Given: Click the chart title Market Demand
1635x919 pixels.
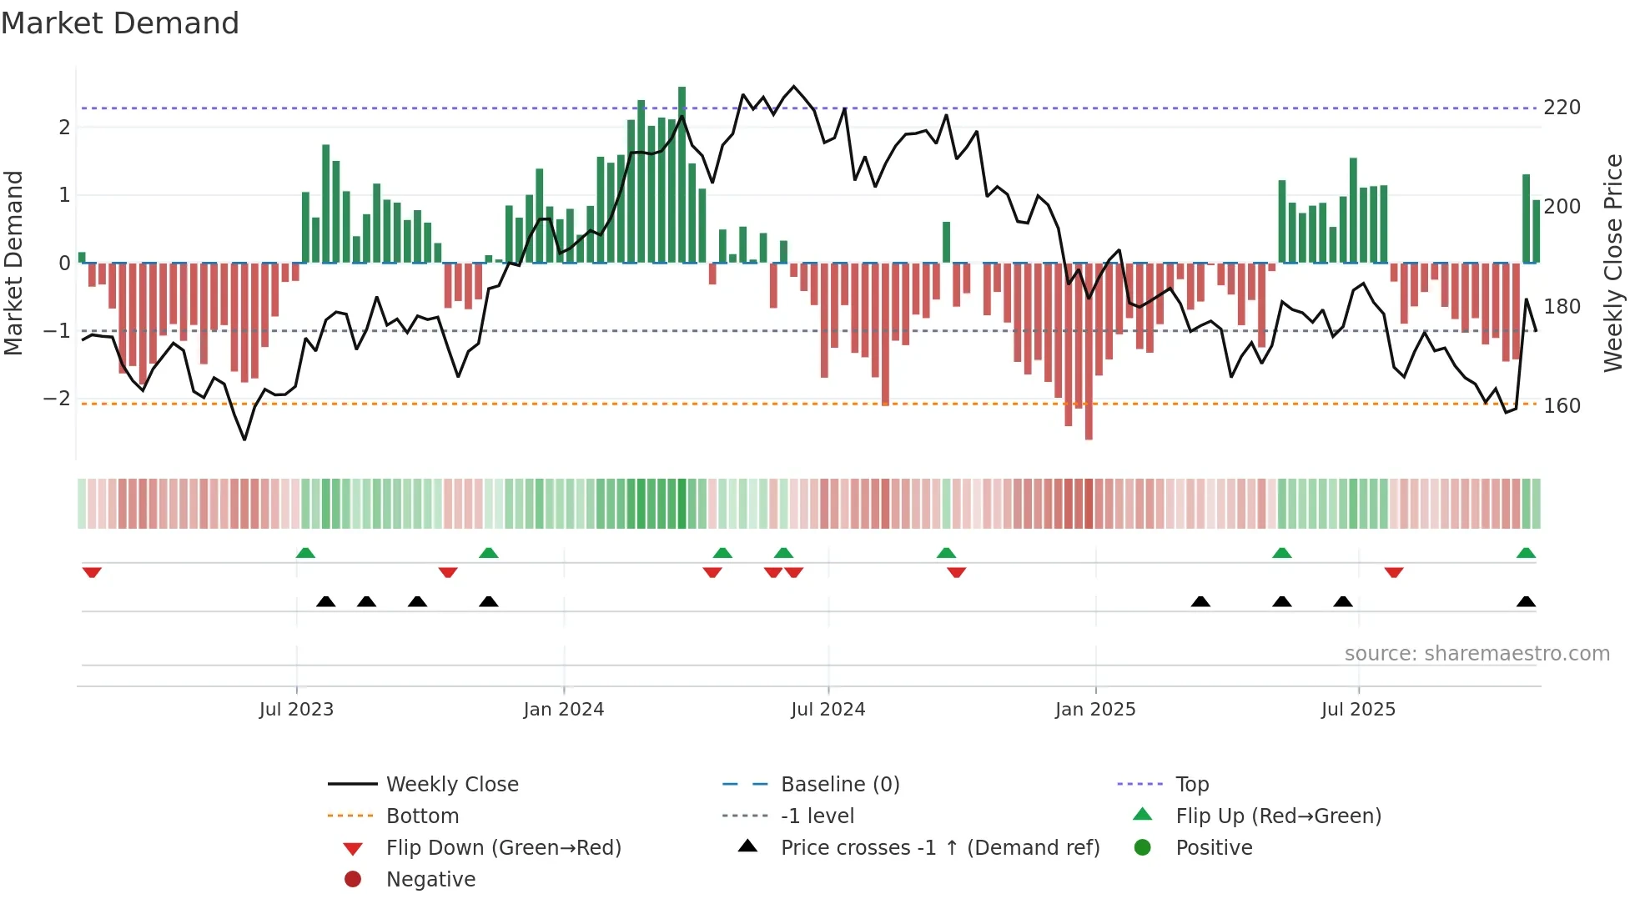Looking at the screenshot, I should pos(120,23).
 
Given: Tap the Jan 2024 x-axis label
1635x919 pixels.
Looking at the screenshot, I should pos(563,710).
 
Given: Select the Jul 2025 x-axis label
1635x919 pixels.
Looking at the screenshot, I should pos(1357,710).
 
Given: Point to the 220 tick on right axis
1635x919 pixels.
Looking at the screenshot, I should pos(1562,108).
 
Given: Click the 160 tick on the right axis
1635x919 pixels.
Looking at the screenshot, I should pos(1562,406).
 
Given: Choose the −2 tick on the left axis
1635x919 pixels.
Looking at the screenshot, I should pos(57,399).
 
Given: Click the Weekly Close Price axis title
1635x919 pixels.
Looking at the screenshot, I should pos(1613,263).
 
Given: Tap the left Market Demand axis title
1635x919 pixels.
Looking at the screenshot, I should pos(13,263).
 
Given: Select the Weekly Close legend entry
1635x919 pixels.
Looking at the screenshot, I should pos(451,785).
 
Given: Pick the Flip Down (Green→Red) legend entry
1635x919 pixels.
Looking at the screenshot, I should pos(503,848).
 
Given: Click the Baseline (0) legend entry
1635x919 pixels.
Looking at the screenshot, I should pos(839,785).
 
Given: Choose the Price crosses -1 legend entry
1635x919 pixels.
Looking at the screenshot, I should pos(939,848).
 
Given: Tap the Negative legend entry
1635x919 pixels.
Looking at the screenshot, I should pos(430,880).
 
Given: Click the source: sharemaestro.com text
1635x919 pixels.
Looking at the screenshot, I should pos(1477,654).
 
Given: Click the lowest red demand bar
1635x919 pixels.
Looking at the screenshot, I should pos(1089,350).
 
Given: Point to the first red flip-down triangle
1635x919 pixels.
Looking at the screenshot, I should pos(92,572).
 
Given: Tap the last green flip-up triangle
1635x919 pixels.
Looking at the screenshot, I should pos(1526,553).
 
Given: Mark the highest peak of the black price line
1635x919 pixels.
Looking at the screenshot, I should pos(793,86).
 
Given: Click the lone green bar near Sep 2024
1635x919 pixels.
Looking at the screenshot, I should pos(946,242).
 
